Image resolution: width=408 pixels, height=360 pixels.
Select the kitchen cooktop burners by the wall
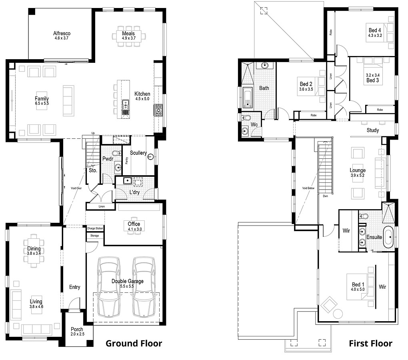[x=158, y=110]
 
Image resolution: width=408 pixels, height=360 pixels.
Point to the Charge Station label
[x=95, y=228]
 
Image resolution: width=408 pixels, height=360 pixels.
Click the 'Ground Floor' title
[x=134, y=343]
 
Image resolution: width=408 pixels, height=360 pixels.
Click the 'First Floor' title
[x=370, y=343]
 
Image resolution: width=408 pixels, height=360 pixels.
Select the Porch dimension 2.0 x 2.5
[x=77, y=334]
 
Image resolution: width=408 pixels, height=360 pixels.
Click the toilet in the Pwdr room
[x=116, y=154]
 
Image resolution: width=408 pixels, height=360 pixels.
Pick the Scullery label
[x=138, y=153]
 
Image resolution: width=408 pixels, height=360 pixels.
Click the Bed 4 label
[x=375, y=30]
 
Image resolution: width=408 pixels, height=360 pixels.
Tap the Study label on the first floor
[x=372, y=130]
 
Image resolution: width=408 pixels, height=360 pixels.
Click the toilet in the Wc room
[x=246, y=118]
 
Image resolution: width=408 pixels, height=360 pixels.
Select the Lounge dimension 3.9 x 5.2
[x=357, y=175]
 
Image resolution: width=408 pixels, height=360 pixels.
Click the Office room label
[x=134, y=224]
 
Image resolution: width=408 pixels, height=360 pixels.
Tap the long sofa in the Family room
[x=68, y=100]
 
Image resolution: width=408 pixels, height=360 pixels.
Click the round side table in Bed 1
[x=338, y=314]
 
